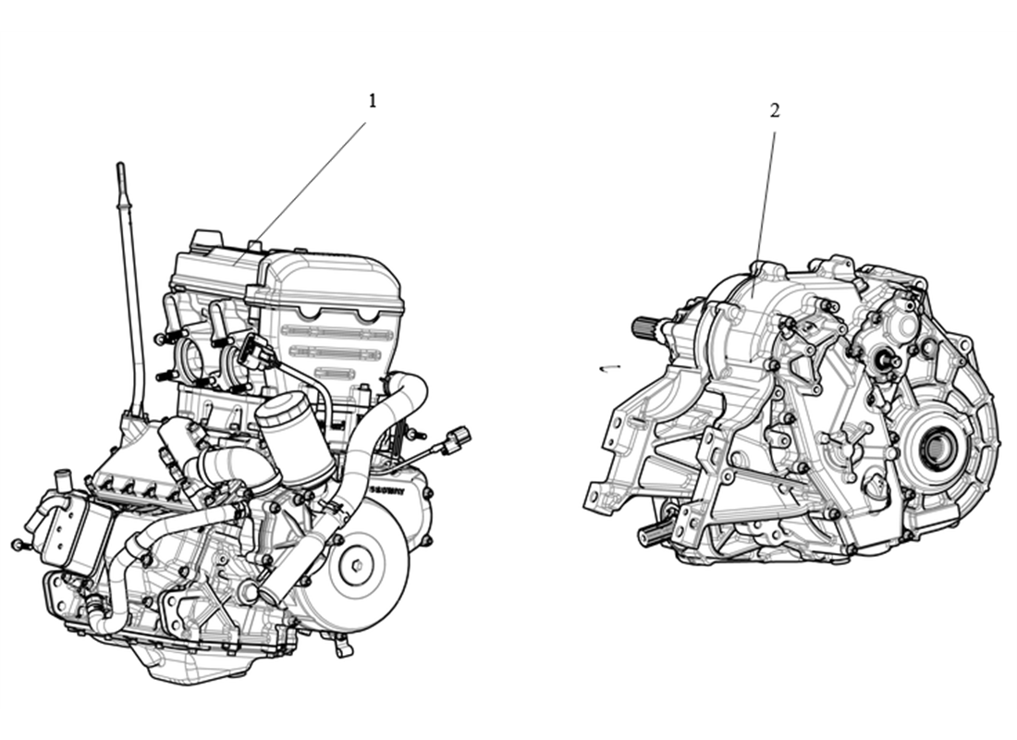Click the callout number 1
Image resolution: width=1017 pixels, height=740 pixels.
[373, 101]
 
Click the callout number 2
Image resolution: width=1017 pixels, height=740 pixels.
[775, 110]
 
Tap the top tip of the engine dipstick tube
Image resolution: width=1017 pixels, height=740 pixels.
[120, 166]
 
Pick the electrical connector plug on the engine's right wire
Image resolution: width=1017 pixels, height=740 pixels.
[457, 440]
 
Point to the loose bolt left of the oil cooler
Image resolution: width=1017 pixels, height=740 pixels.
[17, 545]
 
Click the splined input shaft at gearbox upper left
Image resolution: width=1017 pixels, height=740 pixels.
[647, 327]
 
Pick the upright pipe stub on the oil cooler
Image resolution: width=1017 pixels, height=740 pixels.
[62, 482]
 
